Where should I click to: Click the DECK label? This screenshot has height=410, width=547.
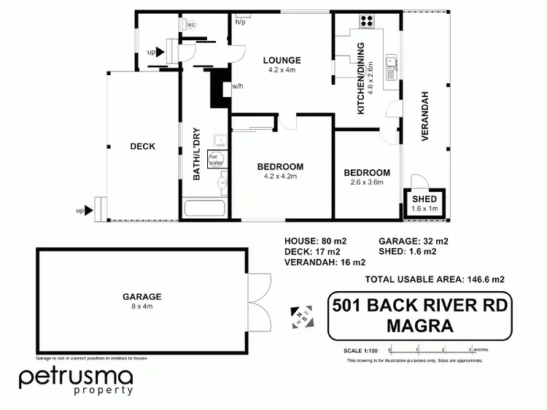pos(142,147)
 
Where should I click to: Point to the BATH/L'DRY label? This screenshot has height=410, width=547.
pos(196,154)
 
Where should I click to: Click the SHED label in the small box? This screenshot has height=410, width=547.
pos(424,199)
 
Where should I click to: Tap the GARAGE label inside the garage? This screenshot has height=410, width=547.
pos(142,297)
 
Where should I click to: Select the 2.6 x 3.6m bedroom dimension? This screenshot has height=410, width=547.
pos(367,182)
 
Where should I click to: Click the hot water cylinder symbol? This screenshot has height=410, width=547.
pos(217,160)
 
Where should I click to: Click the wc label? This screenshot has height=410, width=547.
pos(191,25)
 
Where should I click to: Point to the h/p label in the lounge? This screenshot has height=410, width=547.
pos(240,22)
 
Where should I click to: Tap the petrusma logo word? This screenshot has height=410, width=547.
pos(76,377)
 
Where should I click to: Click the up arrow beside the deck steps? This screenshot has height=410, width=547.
pos(89,211)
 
